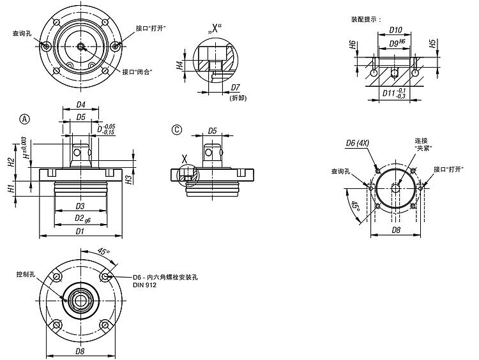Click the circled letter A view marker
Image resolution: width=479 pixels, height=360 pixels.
25,119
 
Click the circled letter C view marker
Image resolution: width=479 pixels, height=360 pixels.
177,130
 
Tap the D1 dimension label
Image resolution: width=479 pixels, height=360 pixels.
81,231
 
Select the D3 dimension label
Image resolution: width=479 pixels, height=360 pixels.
81,206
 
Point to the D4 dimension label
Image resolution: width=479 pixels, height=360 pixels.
81,104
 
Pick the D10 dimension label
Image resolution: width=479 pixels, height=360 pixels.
395,30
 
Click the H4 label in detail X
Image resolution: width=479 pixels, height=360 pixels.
181,64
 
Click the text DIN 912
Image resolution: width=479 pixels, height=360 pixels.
145,285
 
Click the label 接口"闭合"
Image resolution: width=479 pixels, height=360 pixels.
136,71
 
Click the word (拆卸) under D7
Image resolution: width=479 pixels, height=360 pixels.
237,97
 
